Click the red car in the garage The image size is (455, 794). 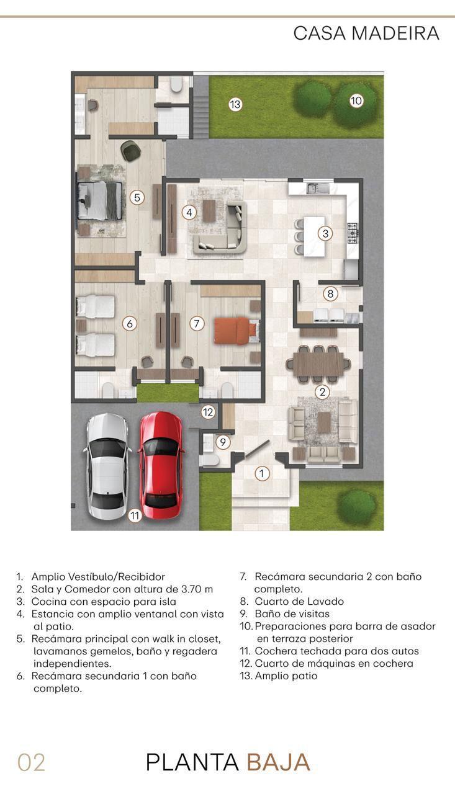pos(161,465)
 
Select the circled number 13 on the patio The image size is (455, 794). pos(235,105)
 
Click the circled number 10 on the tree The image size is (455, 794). pos(356,101)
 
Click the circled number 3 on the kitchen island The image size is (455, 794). pos(325,233)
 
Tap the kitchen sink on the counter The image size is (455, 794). pos(317,188)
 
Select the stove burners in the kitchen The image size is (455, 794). pos(353,233)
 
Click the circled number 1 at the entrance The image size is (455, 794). pos(262,473)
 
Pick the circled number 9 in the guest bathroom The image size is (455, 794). pos(223,442)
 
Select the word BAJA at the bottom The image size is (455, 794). pos(278,762)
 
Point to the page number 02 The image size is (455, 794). pos(31,763)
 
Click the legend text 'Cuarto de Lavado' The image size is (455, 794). pos(299,601)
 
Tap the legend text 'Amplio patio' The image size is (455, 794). pos(286,676)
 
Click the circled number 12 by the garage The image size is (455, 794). pos(208,412)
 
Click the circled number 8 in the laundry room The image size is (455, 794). pos(330,293)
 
